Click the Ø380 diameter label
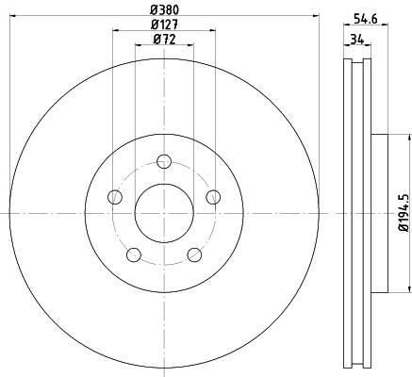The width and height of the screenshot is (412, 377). (163, 9)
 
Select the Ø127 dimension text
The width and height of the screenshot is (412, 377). (163, 25)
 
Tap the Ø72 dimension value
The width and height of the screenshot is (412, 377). (163, 40)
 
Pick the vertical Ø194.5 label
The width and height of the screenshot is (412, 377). (402, 212)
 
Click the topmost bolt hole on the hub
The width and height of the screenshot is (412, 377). (164, 160)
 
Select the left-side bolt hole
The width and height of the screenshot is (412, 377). (116, 196)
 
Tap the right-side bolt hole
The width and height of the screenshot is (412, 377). (213, 196)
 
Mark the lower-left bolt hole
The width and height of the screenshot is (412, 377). (134, 254)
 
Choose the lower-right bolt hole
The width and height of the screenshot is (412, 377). (195, 254)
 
